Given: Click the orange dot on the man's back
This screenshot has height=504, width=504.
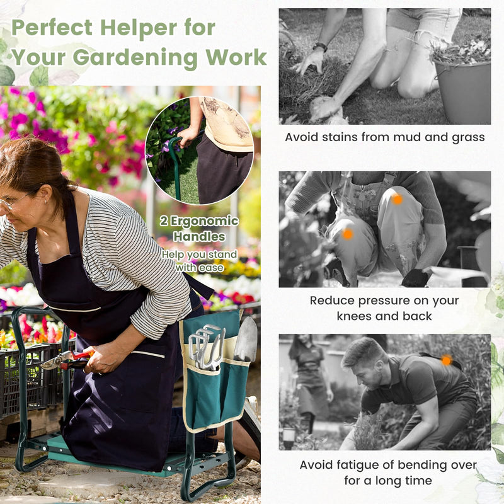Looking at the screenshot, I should [446, 360].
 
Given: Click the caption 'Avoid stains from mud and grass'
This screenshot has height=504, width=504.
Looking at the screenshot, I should [384, 137].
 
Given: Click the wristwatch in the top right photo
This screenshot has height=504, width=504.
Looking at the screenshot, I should [320, 47].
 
